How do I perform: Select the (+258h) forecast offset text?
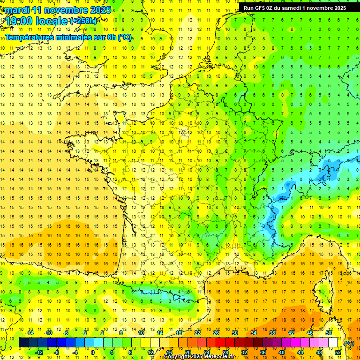[84, 21]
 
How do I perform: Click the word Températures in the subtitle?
[32, 37]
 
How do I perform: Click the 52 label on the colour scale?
[338, 352]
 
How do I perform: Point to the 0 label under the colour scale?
[93, 352]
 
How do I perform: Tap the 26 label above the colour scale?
[216, 333]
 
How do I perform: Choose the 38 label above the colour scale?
[272, 333]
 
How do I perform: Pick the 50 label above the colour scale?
[329, 333]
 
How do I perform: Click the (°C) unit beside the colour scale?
[349, 343]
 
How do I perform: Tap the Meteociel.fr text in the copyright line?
[218, 357]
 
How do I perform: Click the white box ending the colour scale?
[333, 343]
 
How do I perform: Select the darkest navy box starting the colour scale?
[23, 343]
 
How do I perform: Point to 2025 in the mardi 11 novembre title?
[99, 10]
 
